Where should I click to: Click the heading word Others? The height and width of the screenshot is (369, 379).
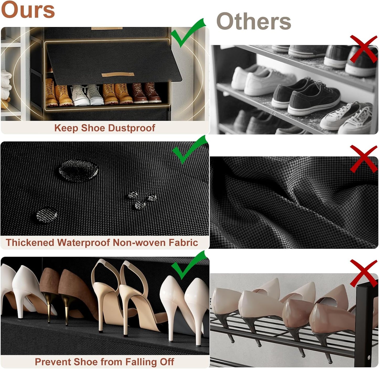(x=254, y=21)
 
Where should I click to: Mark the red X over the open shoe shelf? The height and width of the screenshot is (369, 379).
(x=363, y=49)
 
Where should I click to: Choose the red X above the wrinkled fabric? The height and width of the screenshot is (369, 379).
(x=363, y=159)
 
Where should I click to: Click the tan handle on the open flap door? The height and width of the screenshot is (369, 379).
(x=118, y=75)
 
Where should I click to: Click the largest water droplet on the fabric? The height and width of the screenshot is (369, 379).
(x=78, y=171)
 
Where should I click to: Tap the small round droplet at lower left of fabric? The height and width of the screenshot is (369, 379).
(x=47, y=216)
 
